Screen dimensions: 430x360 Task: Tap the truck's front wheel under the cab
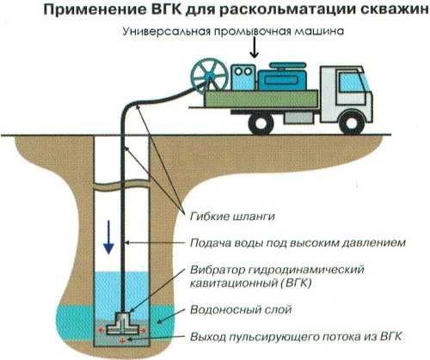click(x=352, y=122)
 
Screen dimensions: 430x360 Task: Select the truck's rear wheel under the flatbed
click(x=261, y=122)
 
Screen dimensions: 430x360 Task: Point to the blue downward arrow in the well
click(x=108, y=237)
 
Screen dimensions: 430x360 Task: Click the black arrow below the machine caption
click(x=254, y=49)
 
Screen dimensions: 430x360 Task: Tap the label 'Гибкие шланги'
click(x=232, y=217)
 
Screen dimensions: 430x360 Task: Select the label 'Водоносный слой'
click(x=241, y=309)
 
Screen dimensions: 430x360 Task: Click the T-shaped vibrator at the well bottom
click(x=123, y=323)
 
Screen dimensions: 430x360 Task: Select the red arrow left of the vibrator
click(x=101, y=330)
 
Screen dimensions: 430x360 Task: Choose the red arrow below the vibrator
click(x=122, y=339)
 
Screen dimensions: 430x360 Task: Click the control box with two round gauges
click(x=243, y=77)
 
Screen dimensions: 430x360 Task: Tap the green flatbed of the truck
click(x=261, y=99)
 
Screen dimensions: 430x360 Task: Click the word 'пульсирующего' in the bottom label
click(x=269, y=337)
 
